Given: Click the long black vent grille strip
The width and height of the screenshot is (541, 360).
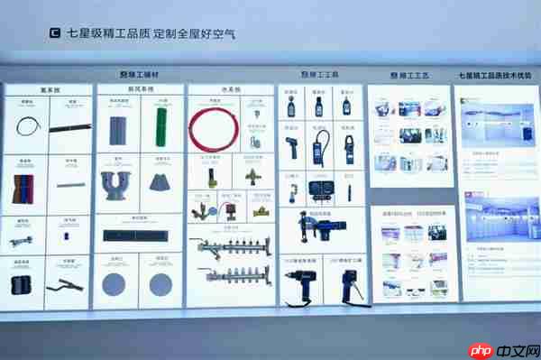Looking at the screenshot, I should (x=138, y=235).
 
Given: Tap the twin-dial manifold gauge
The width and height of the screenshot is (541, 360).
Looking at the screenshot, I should (x=320, y=190).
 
